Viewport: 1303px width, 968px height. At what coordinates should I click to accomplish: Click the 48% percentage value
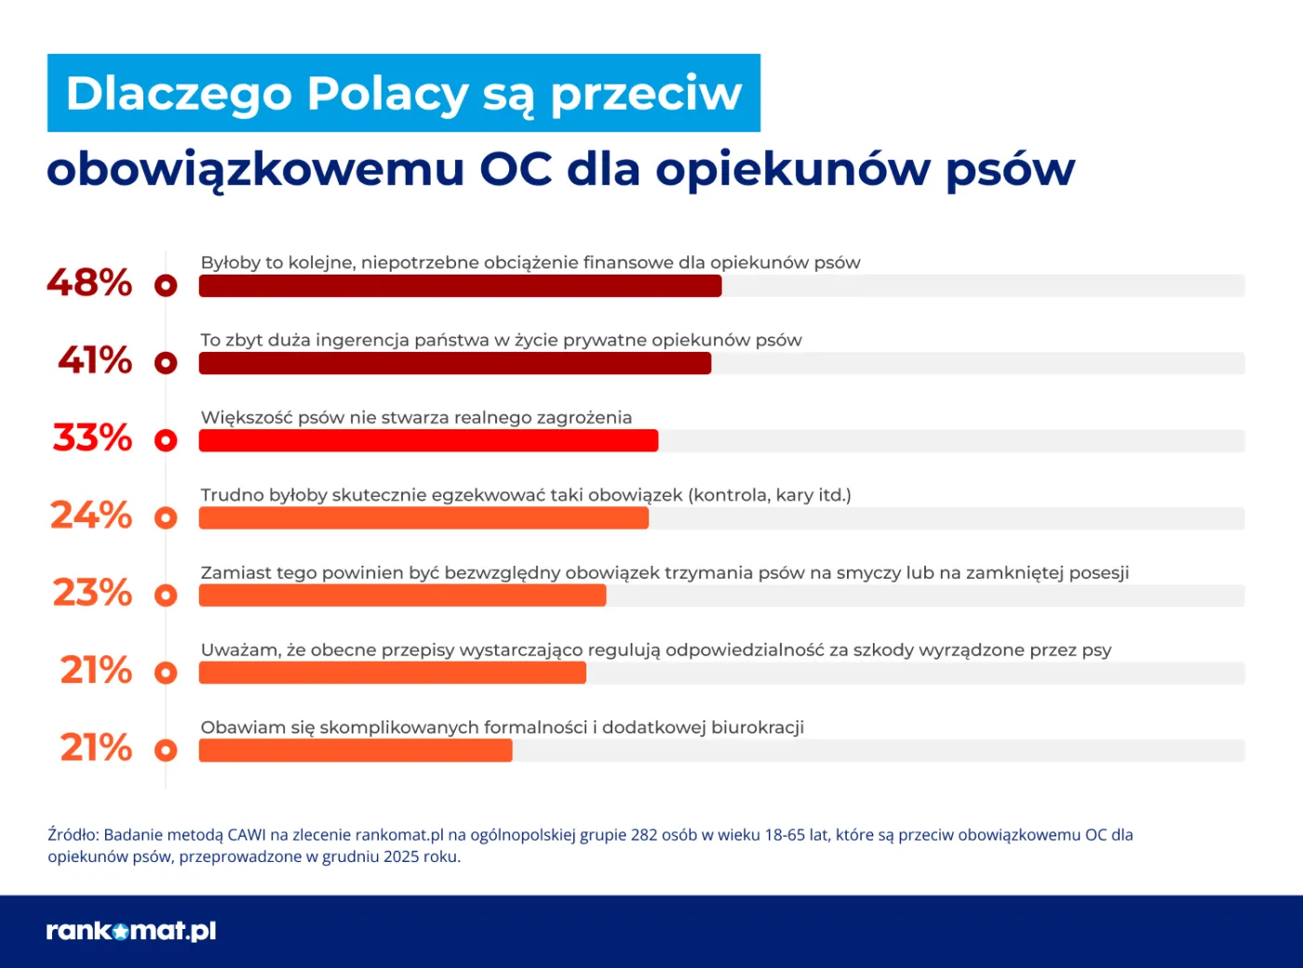point(89,283)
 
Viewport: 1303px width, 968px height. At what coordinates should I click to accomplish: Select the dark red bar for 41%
point(454,363)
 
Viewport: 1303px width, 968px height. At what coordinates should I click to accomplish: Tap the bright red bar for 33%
point(428,440)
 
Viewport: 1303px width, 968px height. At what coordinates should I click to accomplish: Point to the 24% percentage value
point(91,516)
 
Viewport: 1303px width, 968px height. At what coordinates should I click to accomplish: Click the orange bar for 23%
point(402,596)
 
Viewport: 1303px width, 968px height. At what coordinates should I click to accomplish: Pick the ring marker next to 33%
point(166,440)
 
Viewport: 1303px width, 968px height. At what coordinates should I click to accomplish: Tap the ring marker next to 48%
point(166,286)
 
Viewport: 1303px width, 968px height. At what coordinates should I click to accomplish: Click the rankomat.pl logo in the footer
point(131,931)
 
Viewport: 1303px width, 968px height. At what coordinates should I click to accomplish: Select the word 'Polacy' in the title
point(387,94)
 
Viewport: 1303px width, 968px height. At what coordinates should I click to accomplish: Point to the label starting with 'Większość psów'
point(416,418)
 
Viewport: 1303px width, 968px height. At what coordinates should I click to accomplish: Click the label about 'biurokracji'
point(502,728)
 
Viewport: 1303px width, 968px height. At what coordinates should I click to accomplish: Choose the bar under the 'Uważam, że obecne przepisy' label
point(392,673)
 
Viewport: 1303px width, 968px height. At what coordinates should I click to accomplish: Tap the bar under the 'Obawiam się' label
point(355,750)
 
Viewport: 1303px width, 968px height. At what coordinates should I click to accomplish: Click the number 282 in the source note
point(644,835)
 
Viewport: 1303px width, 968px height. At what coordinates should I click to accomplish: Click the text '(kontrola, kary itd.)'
point(769,495)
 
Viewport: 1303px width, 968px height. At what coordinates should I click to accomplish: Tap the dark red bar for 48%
point(460,286)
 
